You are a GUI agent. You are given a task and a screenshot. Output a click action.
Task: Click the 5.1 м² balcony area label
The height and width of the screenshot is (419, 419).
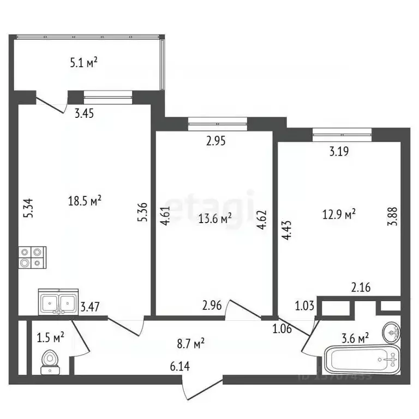[x=83, y=63]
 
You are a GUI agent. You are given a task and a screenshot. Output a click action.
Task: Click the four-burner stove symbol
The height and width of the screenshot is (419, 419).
[x=32, y=257]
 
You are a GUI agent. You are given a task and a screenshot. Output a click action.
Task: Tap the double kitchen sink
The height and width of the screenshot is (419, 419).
[x=58, y=302]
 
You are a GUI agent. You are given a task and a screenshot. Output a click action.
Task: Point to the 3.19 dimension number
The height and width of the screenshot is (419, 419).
[x=339, y=152]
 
